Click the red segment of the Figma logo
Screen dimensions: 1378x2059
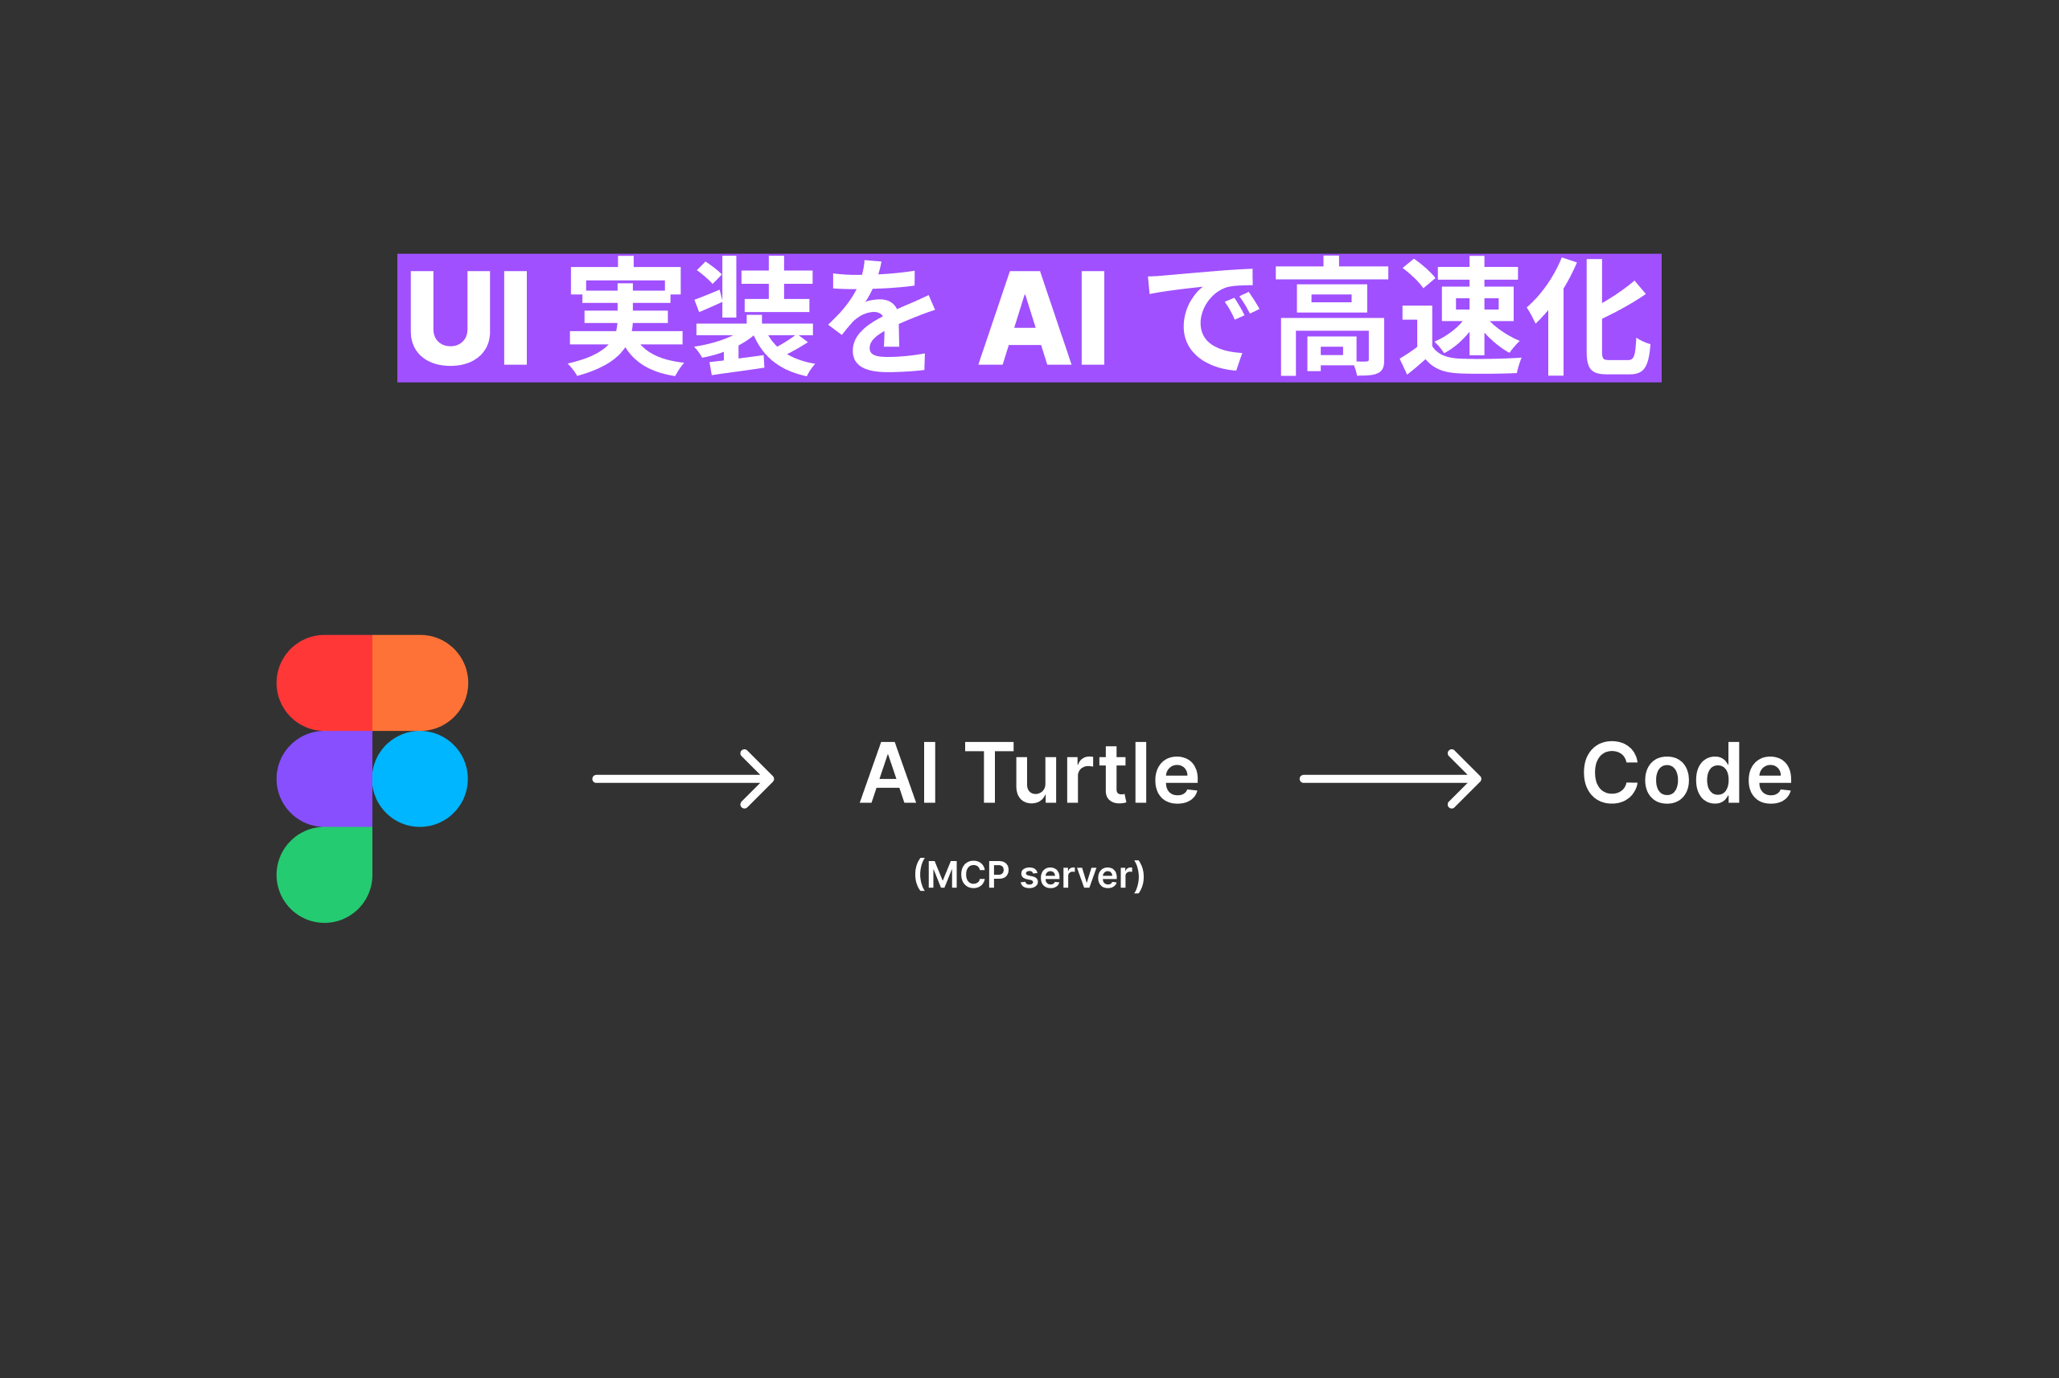324,683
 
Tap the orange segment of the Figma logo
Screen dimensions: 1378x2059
420,683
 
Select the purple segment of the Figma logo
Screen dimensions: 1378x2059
324,778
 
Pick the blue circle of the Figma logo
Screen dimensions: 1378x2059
420,778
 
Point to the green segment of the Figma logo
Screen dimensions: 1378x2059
324,875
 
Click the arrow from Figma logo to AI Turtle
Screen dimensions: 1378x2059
683,778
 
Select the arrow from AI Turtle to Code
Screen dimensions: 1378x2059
1391,778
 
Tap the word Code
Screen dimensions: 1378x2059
1687,773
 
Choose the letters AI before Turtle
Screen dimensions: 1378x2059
898,773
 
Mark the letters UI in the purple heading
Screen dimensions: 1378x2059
469,318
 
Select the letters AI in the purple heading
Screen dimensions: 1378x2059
1042,318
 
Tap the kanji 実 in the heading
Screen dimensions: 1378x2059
626,317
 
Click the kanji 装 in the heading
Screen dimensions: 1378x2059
754,317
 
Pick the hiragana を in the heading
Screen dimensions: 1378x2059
881,317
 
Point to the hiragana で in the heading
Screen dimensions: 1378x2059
1202,318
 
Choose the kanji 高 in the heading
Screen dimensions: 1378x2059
1332,317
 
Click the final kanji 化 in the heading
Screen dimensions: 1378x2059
1588,317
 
